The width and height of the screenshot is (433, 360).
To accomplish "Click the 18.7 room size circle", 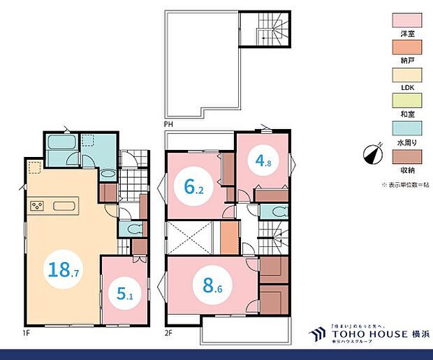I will click(63, 269).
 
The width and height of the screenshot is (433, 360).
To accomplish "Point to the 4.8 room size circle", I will click(263, 161).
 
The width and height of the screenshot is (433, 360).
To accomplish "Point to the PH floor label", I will click(168, 123).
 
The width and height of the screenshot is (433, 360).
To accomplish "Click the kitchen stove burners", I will click(36, 206).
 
